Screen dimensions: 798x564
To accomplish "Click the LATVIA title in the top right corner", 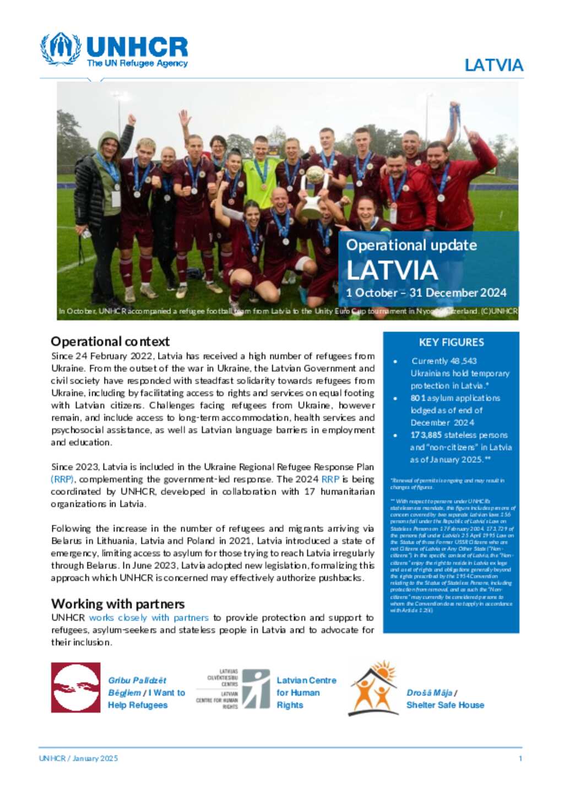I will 493,65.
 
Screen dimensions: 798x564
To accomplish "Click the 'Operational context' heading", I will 110,341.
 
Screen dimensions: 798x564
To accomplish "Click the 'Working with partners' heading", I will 118,604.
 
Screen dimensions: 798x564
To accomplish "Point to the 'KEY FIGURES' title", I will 451,342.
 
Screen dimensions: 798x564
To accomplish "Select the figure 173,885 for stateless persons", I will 426,435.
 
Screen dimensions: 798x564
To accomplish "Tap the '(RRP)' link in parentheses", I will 62,479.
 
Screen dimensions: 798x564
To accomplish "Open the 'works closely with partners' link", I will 149,618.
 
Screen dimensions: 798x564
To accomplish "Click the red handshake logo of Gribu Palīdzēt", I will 75,687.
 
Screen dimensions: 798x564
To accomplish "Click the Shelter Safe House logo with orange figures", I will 373,688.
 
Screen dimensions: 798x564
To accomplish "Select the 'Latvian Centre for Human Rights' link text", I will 306,693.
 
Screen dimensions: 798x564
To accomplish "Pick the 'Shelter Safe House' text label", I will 445,705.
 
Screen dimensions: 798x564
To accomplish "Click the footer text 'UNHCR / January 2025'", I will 78,758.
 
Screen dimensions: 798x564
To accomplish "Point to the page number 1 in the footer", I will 520,758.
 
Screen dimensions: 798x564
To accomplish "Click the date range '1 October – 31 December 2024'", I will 426,293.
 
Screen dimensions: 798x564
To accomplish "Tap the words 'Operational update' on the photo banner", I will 411,245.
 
